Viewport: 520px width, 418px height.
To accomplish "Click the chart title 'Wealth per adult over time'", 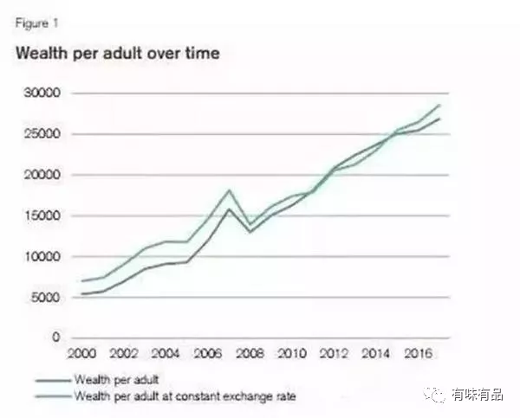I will tap(117, 54).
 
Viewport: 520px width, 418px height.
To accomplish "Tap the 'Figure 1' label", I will tap(33, 23).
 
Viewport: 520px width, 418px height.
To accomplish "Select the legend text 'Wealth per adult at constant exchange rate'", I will tap(185, 396).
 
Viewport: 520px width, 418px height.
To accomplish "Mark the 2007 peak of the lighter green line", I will tap(228, 190).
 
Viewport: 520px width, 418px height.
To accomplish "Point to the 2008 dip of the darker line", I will tap(250, 232).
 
